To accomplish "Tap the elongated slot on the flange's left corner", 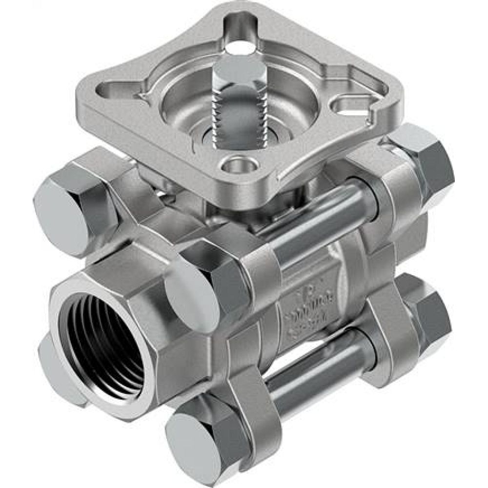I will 116,91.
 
